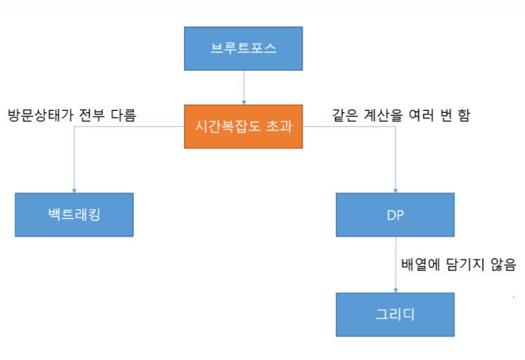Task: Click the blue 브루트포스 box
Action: pos(243,48)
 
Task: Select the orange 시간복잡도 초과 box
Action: pos(243,127)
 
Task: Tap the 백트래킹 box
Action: pos(74,214)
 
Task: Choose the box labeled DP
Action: pos(395,214)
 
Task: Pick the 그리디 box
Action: pos(395,314)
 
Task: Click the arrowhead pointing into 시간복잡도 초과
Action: pos(244,102)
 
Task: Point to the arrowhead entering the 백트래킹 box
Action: pos(74,189)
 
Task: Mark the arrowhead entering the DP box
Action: pos(395,189)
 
